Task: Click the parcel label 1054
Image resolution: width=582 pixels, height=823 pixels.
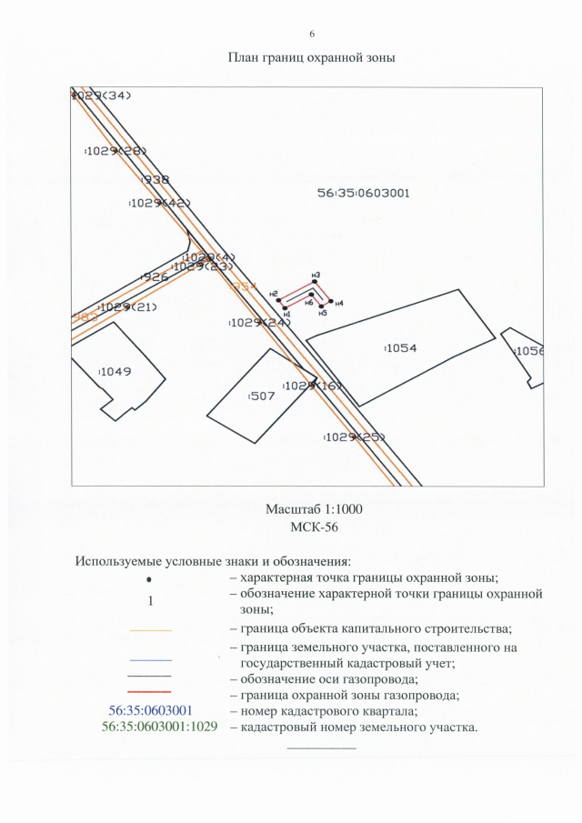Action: click(401, 348)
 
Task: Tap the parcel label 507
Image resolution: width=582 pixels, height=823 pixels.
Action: click(263, 396)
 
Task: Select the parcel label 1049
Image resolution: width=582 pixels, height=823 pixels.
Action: click(115, 371)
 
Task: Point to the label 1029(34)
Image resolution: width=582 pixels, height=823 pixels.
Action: click(102, 95)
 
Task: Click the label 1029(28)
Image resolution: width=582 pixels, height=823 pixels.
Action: click(115, 151)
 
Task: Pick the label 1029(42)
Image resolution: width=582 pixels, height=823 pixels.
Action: click(159, 204)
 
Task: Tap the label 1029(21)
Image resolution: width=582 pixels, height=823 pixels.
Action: click(128, 307)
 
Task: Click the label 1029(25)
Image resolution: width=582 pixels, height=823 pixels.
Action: click(355, 437)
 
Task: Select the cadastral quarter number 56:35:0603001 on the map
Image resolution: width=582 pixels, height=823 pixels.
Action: click(364, 193)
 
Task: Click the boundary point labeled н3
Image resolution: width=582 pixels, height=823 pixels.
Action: click(315, 283)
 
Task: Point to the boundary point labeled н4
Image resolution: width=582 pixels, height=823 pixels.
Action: click(330, 301)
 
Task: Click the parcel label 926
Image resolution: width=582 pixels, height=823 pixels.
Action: click(156, 276)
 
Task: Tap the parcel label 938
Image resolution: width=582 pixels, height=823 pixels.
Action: click(156, 179)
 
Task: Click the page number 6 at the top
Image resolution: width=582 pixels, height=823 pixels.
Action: click(312, 34)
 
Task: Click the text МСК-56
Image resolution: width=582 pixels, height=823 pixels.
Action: click(312, 526)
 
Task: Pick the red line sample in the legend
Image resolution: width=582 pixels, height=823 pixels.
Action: click(150, 693)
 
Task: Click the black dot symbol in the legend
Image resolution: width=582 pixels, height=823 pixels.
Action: click(151, 579)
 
